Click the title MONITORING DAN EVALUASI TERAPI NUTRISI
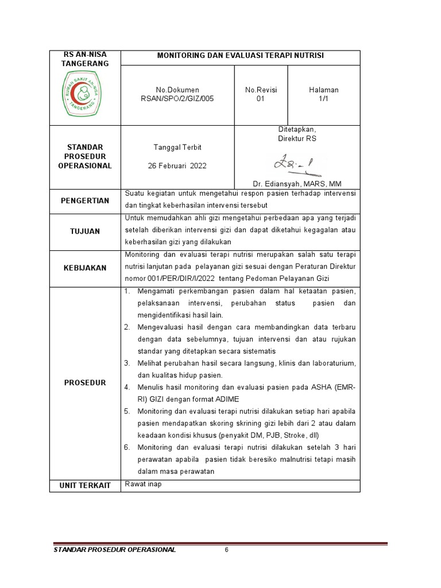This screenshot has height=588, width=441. [241, 56]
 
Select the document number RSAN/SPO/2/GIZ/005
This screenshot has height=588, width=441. [177, 99]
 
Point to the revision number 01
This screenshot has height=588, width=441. [261, 99]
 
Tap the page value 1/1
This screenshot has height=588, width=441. [324, 99]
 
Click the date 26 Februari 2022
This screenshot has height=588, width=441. [177, 166]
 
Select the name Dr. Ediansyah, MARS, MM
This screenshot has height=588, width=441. [297, 184]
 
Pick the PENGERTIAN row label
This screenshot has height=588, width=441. [85, 201]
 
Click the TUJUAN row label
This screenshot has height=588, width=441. [85, 231]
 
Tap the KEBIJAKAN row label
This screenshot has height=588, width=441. [85, 268]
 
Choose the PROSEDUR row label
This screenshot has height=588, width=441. [85, 382]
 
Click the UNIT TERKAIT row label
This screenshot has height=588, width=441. [85, 486]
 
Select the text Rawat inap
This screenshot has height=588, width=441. [144, 484]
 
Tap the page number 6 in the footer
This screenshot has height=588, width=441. [227, 550]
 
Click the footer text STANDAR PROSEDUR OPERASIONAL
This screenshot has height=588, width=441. [114, 550]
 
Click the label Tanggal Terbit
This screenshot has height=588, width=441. [177, 148]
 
